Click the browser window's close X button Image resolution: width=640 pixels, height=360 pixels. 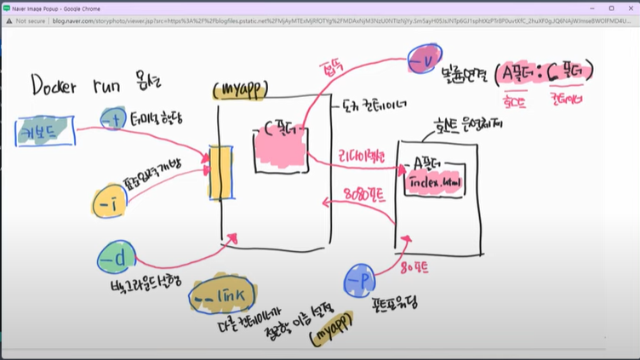coord(629,7)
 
